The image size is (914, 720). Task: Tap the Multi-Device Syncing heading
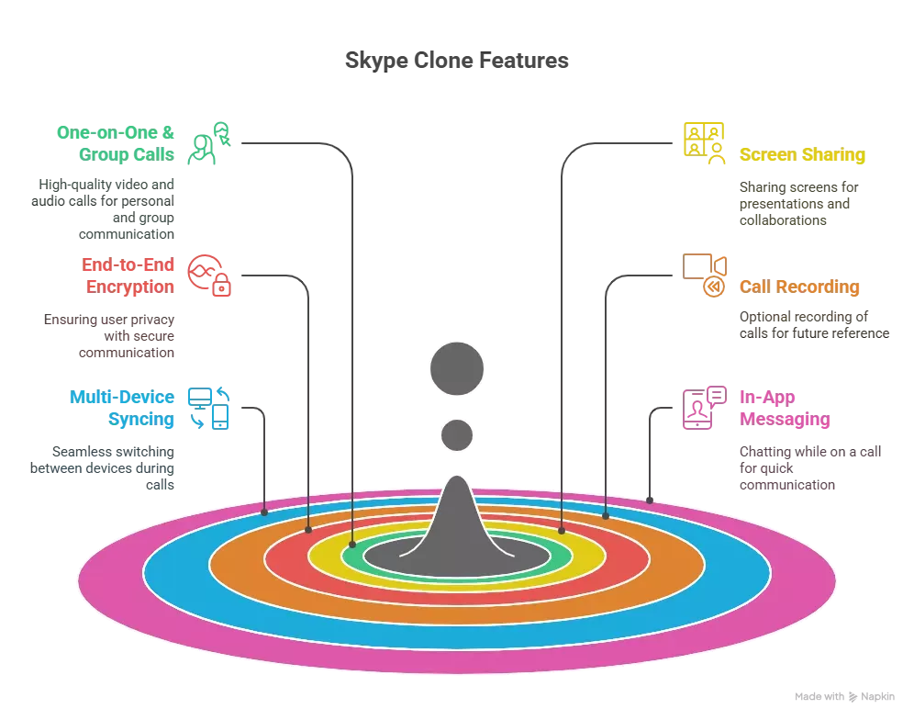tap(121, 409)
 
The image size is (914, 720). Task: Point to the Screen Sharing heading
tap(802, 155)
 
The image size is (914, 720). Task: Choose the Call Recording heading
tap(799, 287)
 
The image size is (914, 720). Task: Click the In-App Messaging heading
tap(786, 409)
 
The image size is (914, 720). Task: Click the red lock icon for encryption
tap(209, 276)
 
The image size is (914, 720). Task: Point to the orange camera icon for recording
tap(705, 274)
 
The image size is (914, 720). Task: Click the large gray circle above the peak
tap(456, 368)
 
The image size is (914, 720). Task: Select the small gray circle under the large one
tap(456, 434)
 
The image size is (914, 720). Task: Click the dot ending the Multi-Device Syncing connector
tap(264, 512)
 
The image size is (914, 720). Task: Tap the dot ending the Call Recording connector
tap(606, 516)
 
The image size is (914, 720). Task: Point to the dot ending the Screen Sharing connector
tap(562, 530)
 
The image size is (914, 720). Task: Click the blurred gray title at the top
tap(458, 62)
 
